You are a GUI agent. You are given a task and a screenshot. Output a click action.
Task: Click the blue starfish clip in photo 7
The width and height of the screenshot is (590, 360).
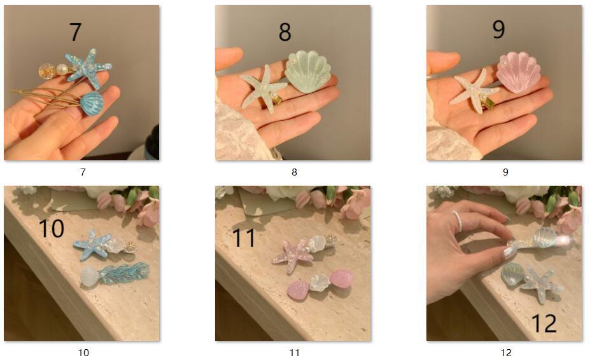pos(89,68)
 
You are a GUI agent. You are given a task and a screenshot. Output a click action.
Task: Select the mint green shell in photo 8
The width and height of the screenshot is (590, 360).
pos(308,71)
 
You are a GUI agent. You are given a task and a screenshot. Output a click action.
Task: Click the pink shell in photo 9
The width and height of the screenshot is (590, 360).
pos(519,73)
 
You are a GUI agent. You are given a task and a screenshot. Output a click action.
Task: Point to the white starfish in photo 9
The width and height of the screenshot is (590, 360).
pos(474,91)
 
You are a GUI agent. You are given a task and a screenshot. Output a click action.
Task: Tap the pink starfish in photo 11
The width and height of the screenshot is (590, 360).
pos(293,252)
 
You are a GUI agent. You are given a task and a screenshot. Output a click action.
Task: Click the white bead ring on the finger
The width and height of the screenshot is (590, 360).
pos(458,222)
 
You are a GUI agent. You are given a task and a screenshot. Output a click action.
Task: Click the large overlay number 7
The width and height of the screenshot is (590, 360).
pos(75,32)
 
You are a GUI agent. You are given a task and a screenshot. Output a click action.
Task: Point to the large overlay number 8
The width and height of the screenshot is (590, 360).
pos(285,32)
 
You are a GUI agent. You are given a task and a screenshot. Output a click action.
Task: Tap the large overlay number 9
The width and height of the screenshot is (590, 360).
pos(498,29)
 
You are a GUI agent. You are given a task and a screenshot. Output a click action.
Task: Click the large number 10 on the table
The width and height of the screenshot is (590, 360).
pos(51,228)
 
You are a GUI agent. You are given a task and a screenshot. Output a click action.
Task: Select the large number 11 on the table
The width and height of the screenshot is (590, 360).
pos(244,237)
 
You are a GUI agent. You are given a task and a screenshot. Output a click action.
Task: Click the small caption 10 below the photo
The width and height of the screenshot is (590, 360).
pos(83,352)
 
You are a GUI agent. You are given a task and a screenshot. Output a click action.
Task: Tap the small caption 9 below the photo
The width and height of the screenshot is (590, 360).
pos(505,172)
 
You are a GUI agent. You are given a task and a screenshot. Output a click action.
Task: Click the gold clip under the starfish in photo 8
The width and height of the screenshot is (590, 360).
pos(277,100)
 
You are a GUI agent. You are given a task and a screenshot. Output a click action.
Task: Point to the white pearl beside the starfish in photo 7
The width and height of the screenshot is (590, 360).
pos(62,69)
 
